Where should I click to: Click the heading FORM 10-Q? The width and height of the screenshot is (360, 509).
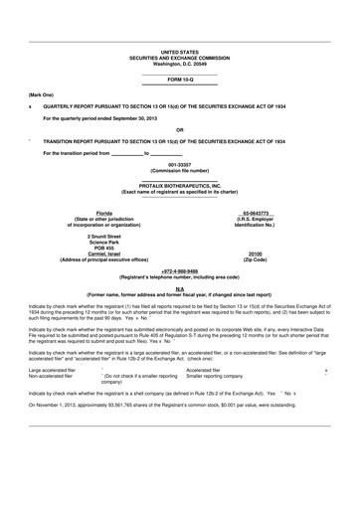click(x=179, y=78)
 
